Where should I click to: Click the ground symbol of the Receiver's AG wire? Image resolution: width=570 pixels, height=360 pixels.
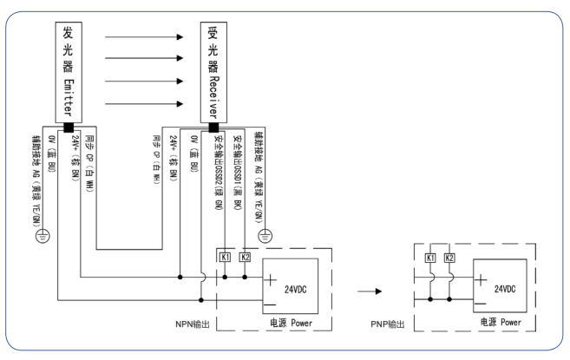pos(266,234)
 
